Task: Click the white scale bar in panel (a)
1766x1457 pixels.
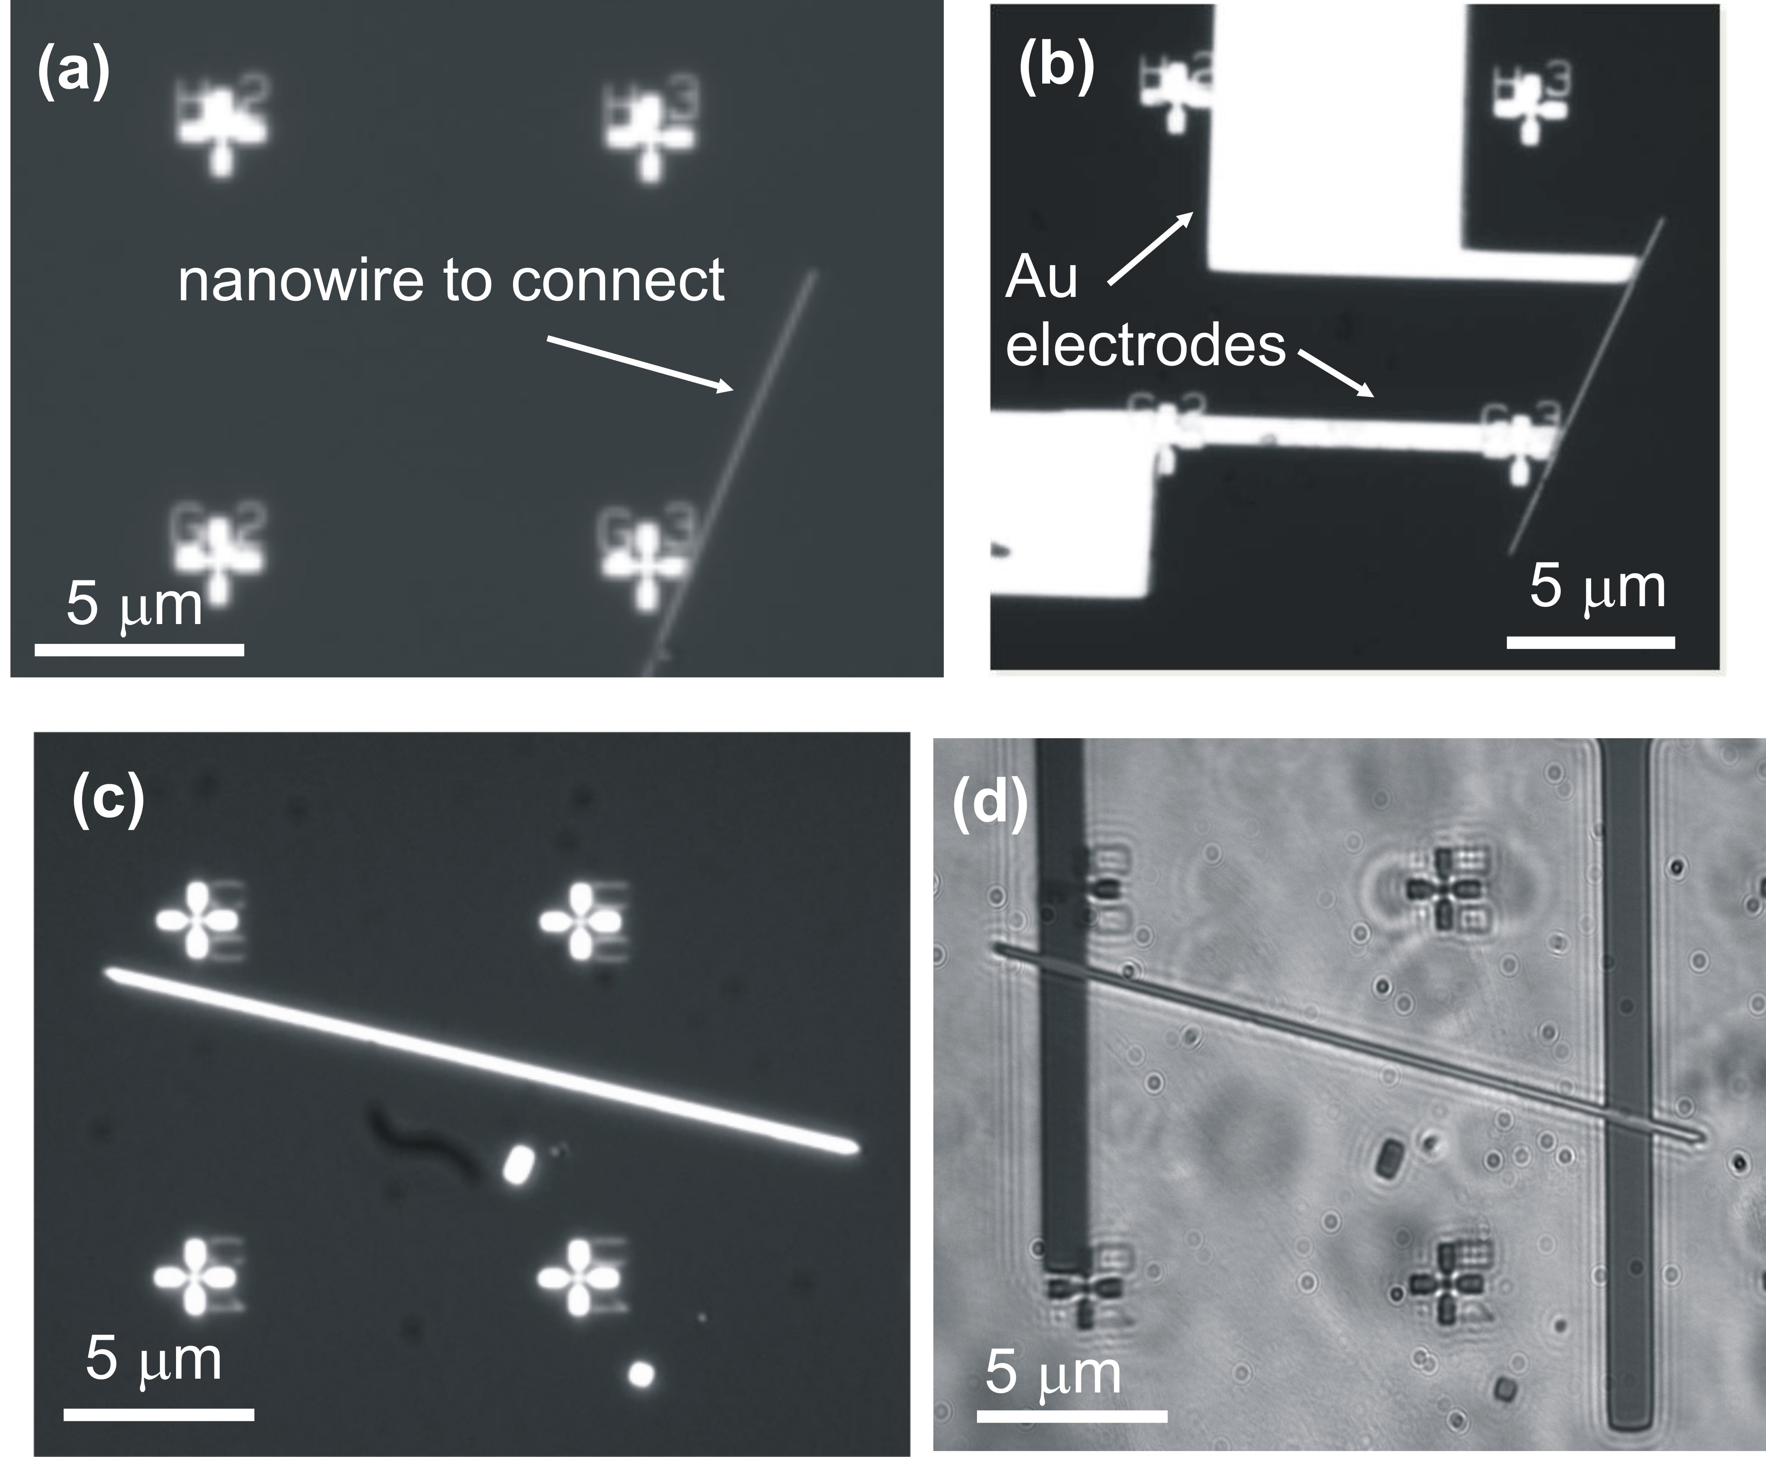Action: pyautogui.click(x=139, y=649)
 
